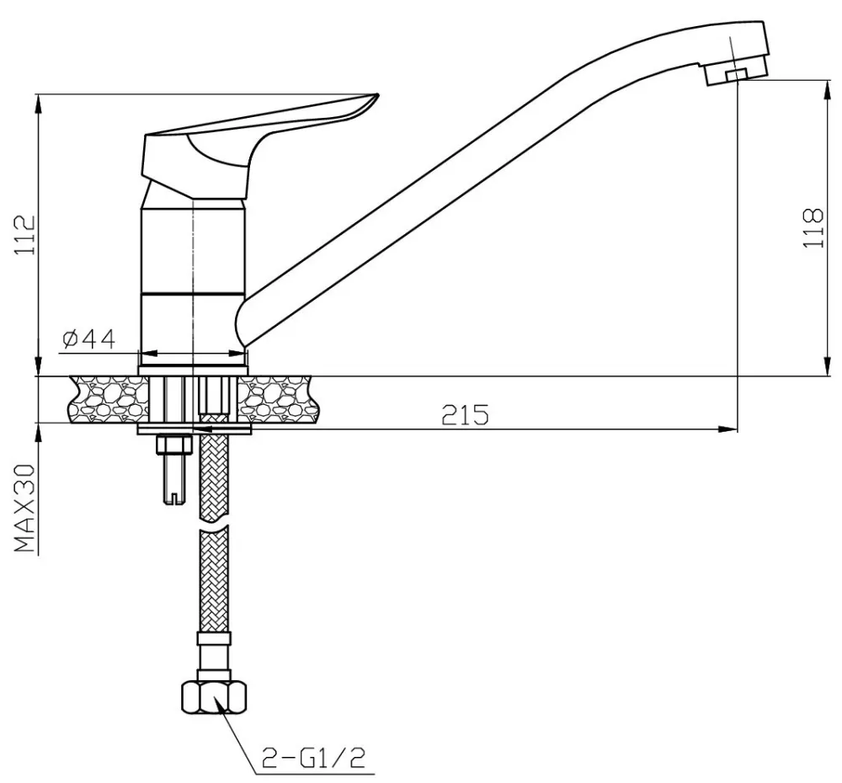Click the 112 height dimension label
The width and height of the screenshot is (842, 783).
[24, 236]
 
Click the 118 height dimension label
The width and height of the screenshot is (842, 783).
[813, 227]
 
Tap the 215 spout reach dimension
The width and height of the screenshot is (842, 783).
[465, 414]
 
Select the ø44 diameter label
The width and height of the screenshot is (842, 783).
[88, 338]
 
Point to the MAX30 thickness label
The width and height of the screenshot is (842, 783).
[24, 509]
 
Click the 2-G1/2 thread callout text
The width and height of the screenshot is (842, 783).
[313, 757]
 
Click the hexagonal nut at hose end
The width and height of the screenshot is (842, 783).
[214, 697]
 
